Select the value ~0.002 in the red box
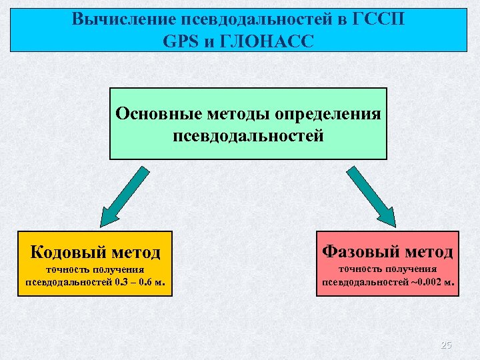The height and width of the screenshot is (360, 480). pos(426,281)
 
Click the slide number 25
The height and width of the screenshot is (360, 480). pos(446,345)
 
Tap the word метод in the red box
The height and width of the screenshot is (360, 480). pos(424,252)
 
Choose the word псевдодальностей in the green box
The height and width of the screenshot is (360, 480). pos(248,136)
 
